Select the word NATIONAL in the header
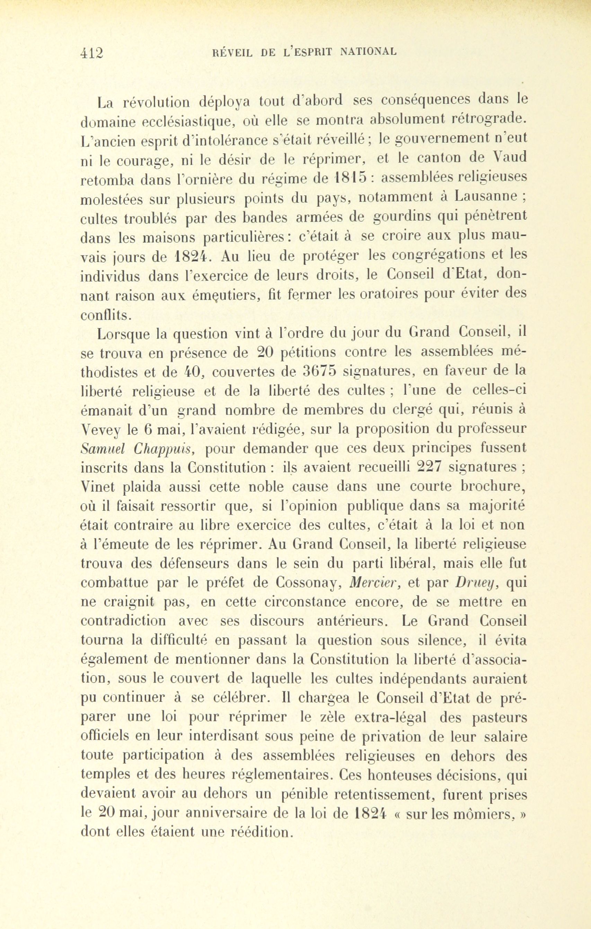click(x=368, y=51)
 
